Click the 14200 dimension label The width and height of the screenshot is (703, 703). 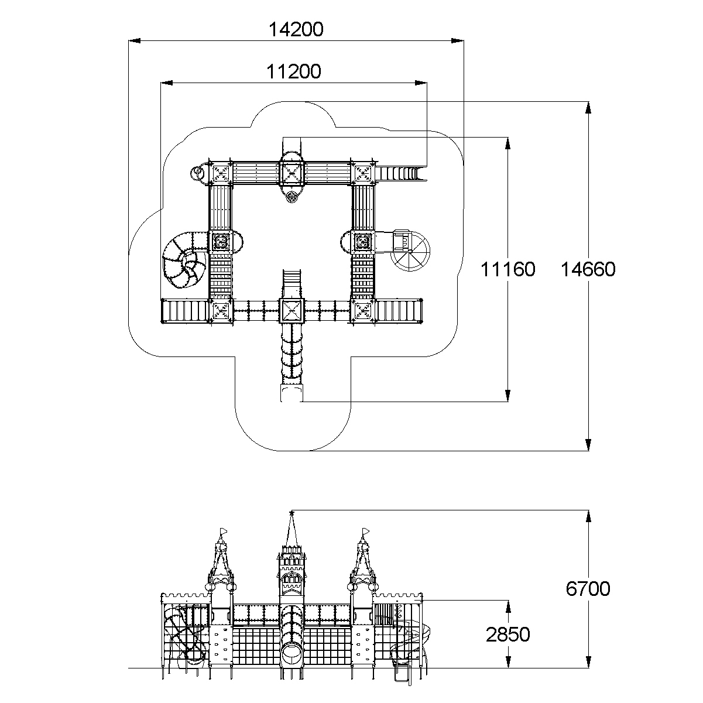296,29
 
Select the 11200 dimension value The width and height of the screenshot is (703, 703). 294,71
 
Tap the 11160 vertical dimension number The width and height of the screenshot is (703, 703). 507,269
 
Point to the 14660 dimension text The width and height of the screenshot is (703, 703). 588,269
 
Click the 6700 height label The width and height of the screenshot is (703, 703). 588,588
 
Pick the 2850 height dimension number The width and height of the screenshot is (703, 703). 507,634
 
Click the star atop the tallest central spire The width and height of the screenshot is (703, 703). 292,513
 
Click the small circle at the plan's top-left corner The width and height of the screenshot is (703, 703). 197,172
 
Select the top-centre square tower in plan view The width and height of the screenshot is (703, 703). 292,173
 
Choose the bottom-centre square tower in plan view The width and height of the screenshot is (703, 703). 292,310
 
